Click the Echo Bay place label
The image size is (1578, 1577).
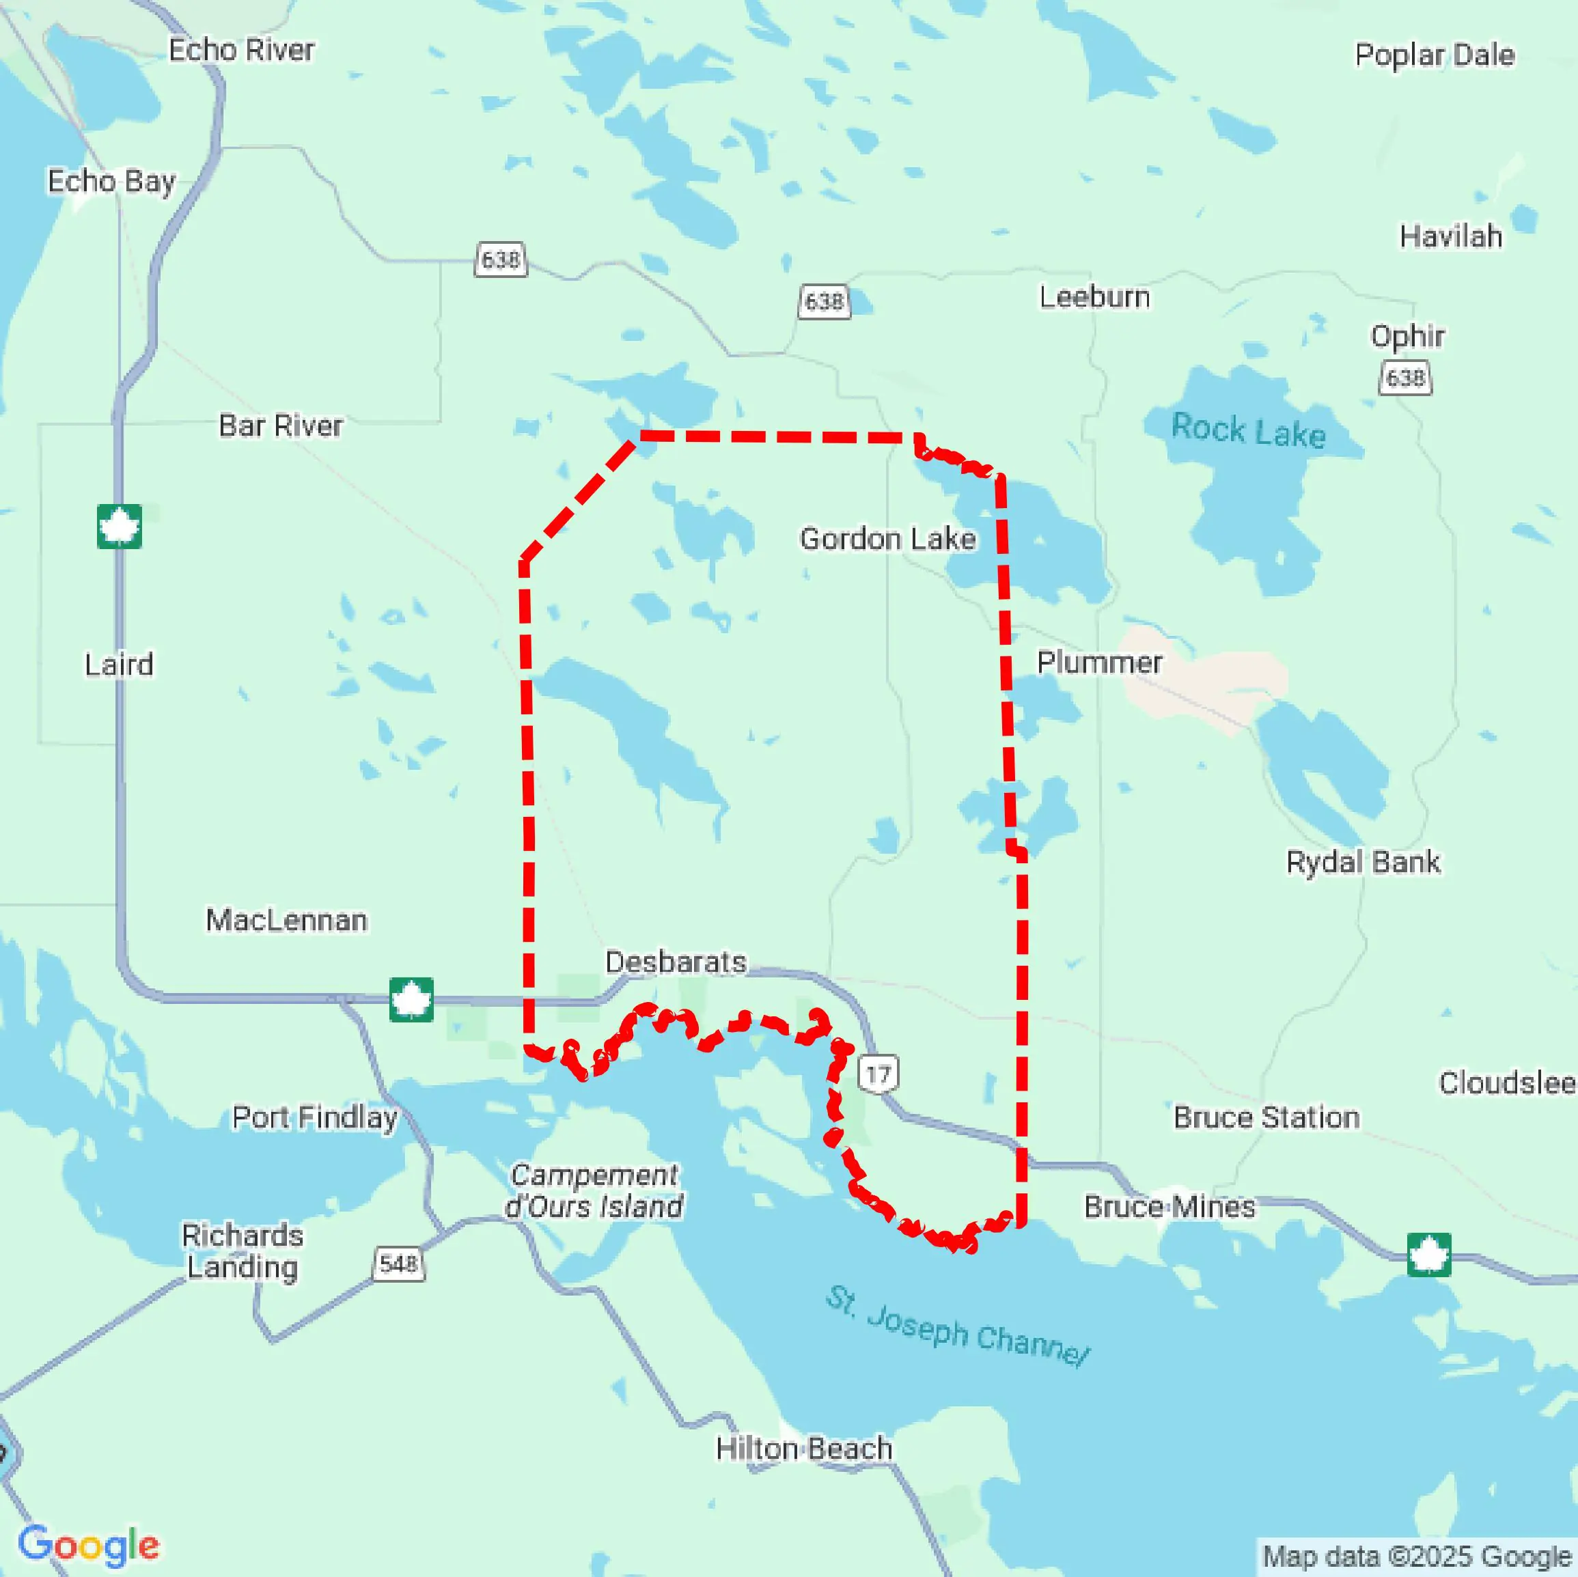pyautogui.click(x=112, y=181)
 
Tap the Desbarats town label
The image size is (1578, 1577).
pyautogui.click(x=676, y=962)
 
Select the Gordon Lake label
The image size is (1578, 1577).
pyautogui.click(x=888, y=539)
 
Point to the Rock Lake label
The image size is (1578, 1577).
pyautogui.click(x=1248, y=430)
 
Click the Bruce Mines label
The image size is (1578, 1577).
pyautogui.click(x=1169, y=1206)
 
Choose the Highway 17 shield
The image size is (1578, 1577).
pyautogui.click(x=878, y=1074)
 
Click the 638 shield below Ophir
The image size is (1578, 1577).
pyautogui.click(x=1405, y=378)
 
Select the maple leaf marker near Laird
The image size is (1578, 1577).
pyautogui.click(x=120, y=527)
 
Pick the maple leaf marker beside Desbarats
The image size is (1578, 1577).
pyautogui.click(x=411, y=1000)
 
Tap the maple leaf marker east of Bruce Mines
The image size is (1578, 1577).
pyautogui.click(x=1428, y=1255)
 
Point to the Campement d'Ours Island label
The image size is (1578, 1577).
pyautogui.click(x=594, y=1190)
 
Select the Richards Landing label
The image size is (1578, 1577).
pyautogui.click(x=242, y=1251)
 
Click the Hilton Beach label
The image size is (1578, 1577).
pyautogui.click(x=804, y=1449)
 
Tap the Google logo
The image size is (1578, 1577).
pyautogui.click(x=88, y=1545)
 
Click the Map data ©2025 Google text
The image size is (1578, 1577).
pyautogui.click(x=1417, y=1557)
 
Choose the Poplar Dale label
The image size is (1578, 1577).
pyautogui.click(x=1435, y=55)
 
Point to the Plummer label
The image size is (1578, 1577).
pyautogui.click(x=1099, y=662)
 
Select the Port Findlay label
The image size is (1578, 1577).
pyautogui.click(x=314, y=1117)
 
